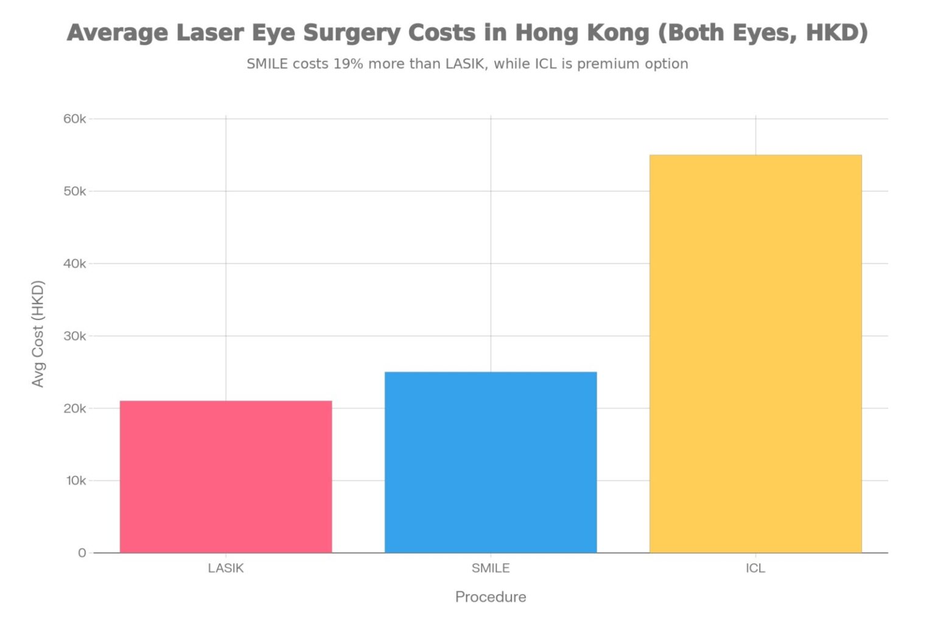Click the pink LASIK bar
[x=226, y=476]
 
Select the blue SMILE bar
[x=491, y=462]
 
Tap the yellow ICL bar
[x=755, y=353]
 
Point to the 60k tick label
[x=75, y=119]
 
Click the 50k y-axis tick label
[x=75, y=191]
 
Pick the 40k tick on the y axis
[x=75, y=263]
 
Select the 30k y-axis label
[x=75, y=336]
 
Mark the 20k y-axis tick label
[x=75, y=408]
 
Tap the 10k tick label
[x=76, y=481]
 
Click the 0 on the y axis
[x=82, y=553]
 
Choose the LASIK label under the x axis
[x=226, y=568]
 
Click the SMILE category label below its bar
[x=491, y=568]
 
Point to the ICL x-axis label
[x=755, y=568]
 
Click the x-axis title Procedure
[x=491, y=597]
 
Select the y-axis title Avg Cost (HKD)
[x=38, y=333]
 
